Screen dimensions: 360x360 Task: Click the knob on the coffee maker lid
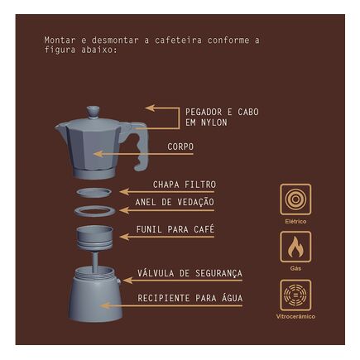[x=93, y=112]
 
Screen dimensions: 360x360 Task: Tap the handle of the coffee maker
[x=140, y=146]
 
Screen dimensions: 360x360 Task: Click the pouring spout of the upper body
[x=59, y=127]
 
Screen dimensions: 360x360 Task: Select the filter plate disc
[x=94, y=192]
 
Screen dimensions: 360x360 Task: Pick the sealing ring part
[x=94, y=211]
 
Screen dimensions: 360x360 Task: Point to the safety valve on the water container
[x=118, y=281]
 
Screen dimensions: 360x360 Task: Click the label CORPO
[x=180, y=146]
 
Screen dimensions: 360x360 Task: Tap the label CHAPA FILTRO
[x=185, y=185]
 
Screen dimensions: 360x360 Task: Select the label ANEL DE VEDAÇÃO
[x=175, y=202]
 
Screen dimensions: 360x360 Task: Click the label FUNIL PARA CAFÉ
[x=175, y=229]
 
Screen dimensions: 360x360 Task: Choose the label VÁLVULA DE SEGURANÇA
[x=190, y=273]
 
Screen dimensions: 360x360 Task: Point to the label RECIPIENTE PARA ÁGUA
[x=190, y=298]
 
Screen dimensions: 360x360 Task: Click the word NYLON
[x=214, y=122]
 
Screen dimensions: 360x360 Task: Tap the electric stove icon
[x=295, y=199]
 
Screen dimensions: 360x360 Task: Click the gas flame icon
[x=295, y=247]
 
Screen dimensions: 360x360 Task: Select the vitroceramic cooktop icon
[x=295, y=295]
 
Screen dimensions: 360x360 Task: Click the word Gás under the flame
[x=295, y=268]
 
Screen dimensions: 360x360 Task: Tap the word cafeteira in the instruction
[x=178, y=41]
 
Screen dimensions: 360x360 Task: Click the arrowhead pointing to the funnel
[x=124, y=237]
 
